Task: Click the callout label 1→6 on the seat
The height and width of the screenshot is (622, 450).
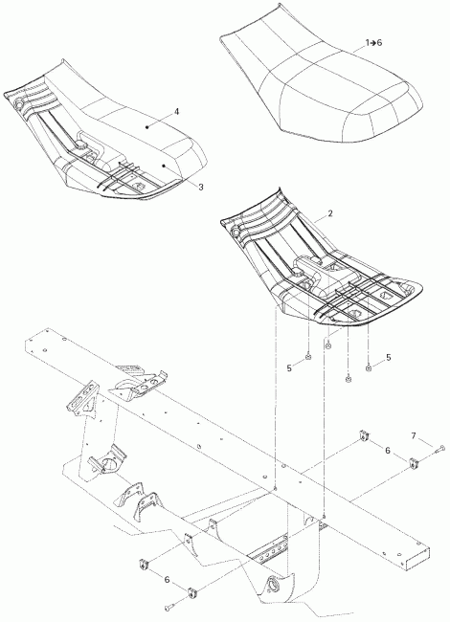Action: tap(372, 44)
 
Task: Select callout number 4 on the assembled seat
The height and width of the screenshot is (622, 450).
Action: tap(176, 112)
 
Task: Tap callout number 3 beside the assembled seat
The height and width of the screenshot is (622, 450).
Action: tap(200, 187)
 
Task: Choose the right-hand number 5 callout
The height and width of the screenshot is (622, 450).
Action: tap(388, 357)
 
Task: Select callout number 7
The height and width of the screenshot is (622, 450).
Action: tap(415, 436)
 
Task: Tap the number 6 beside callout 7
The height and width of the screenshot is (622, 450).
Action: tap(386, 451)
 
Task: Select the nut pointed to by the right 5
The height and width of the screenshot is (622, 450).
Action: tap(370, 365)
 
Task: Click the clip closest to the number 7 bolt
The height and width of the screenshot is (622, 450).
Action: tap(412, 464)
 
